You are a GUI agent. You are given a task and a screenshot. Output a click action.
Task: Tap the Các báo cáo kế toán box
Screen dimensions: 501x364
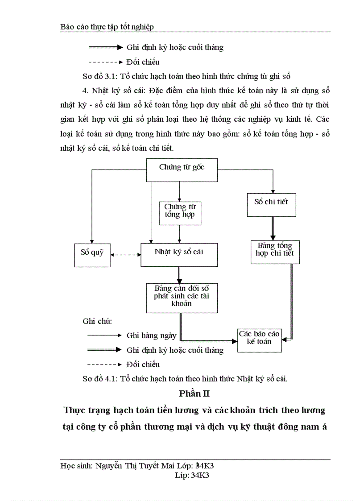coord(259,340)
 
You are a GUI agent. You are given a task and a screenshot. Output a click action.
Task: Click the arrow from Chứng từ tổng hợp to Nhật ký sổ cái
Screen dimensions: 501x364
coord(179,233)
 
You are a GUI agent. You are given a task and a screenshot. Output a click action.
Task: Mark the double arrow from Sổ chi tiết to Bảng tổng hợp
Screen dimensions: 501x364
coord(272,228)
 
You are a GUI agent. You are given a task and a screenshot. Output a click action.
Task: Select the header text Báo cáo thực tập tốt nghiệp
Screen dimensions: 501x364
coord(107,27)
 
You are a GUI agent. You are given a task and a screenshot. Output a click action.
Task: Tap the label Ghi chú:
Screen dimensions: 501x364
coord(97,321)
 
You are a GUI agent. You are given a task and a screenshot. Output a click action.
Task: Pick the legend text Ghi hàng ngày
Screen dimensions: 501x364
coord(151,335)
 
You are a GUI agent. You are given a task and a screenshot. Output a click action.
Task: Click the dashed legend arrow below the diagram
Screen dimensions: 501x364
coord(104,364)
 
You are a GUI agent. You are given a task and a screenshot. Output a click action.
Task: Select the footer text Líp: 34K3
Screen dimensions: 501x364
coord(193,475)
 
